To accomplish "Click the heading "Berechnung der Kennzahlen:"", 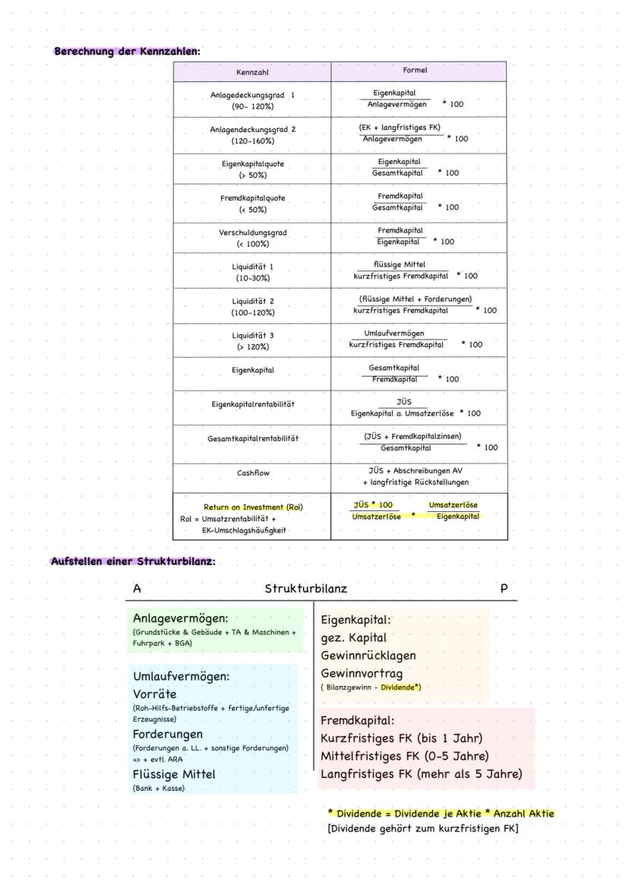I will [127, 52].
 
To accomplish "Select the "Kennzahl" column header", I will [252, 72].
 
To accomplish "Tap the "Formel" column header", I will [415, 70].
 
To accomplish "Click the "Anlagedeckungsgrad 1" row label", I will [252, 95].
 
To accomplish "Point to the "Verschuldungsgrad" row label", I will [253, 232].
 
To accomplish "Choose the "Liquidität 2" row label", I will [253, 302].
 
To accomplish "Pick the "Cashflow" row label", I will [253, 472].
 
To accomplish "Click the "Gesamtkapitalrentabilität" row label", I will [253, 438].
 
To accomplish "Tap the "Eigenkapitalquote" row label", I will [253, 163].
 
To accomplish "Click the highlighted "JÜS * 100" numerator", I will [373, 505].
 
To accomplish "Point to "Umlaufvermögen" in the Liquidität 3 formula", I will [394, 333].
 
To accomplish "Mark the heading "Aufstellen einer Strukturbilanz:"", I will [133, 561].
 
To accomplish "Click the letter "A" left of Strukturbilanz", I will [137, 589].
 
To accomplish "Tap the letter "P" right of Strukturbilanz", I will [504, 589].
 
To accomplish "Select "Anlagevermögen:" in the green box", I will [180, 618].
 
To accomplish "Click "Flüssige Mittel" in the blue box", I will [174, 774].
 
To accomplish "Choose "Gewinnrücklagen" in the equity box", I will [368, 655].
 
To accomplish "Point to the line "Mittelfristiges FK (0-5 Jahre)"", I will [404, 756].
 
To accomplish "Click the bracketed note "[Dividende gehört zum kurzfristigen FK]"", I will [422, 828].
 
